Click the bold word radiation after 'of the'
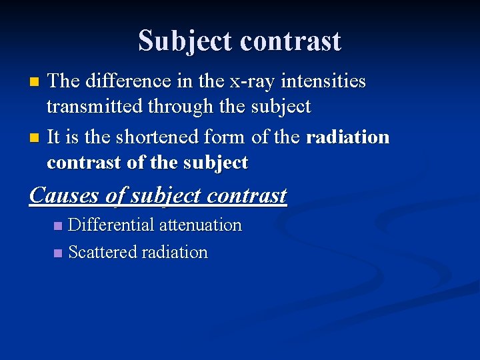pos(347,137)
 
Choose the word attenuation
pos(200,225)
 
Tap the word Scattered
pos(100,252)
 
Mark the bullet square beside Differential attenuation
pos(58,226)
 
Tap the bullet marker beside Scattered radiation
pos(58,253)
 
